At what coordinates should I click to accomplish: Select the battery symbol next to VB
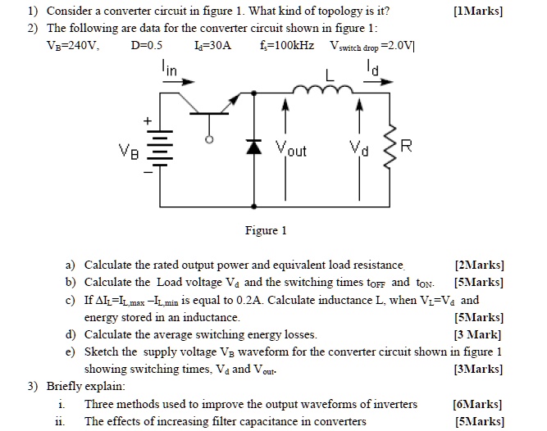161,152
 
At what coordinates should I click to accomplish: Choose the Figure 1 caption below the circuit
266,230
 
